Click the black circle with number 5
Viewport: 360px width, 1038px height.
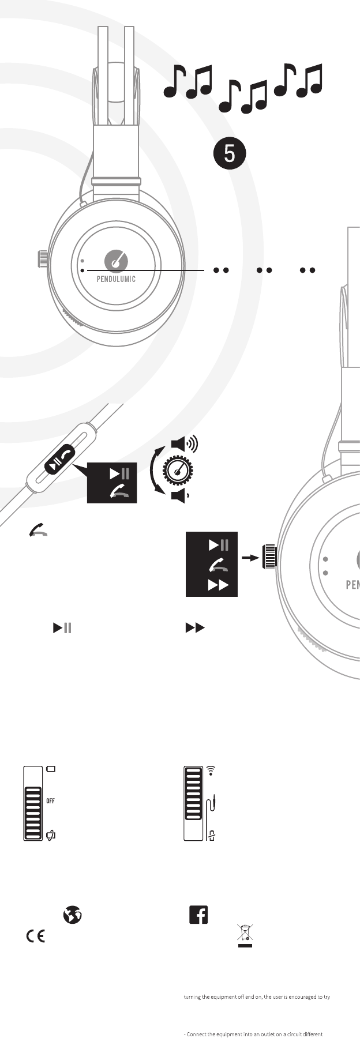click(230, 154)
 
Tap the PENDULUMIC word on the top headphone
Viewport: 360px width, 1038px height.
click(116, 279)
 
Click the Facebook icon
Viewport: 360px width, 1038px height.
click(198, 915)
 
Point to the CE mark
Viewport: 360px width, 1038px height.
click(35, 937)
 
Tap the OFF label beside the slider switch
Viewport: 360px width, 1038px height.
click(51, 801)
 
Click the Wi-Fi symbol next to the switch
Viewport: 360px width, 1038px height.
click(211, 770)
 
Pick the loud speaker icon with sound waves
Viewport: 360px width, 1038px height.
click(183, 444)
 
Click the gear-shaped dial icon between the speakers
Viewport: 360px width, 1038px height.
click(178, 470)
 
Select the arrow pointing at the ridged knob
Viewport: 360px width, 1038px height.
click(250, 558)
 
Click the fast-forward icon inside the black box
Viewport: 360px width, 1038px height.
click(219, 585)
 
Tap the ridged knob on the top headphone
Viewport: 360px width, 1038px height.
click(43, 259)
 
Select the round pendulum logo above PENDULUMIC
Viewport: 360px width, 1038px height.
click(116, 261)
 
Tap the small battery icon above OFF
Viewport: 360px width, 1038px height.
click(51, 769)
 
